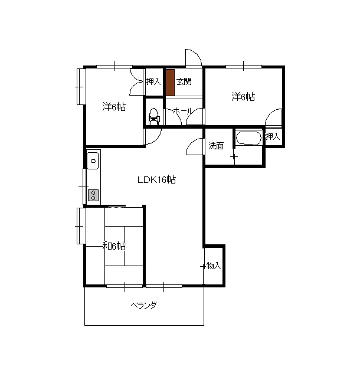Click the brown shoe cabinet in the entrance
170,83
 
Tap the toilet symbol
153,116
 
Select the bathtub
248,137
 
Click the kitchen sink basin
93,161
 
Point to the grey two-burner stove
93,195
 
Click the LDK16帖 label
156,180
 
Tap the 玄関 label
184,81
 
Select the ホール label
183,111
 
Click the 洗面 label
216,146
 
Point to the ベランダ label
144,305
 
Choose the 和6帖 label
113,246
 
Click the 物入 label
214,266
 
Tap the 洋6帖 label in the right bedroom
243,97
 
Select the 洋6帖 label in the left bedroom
114,107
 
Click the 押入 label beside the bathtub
273,136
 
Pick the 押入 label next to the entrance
153,81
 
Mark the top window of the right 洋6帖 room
244,66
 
